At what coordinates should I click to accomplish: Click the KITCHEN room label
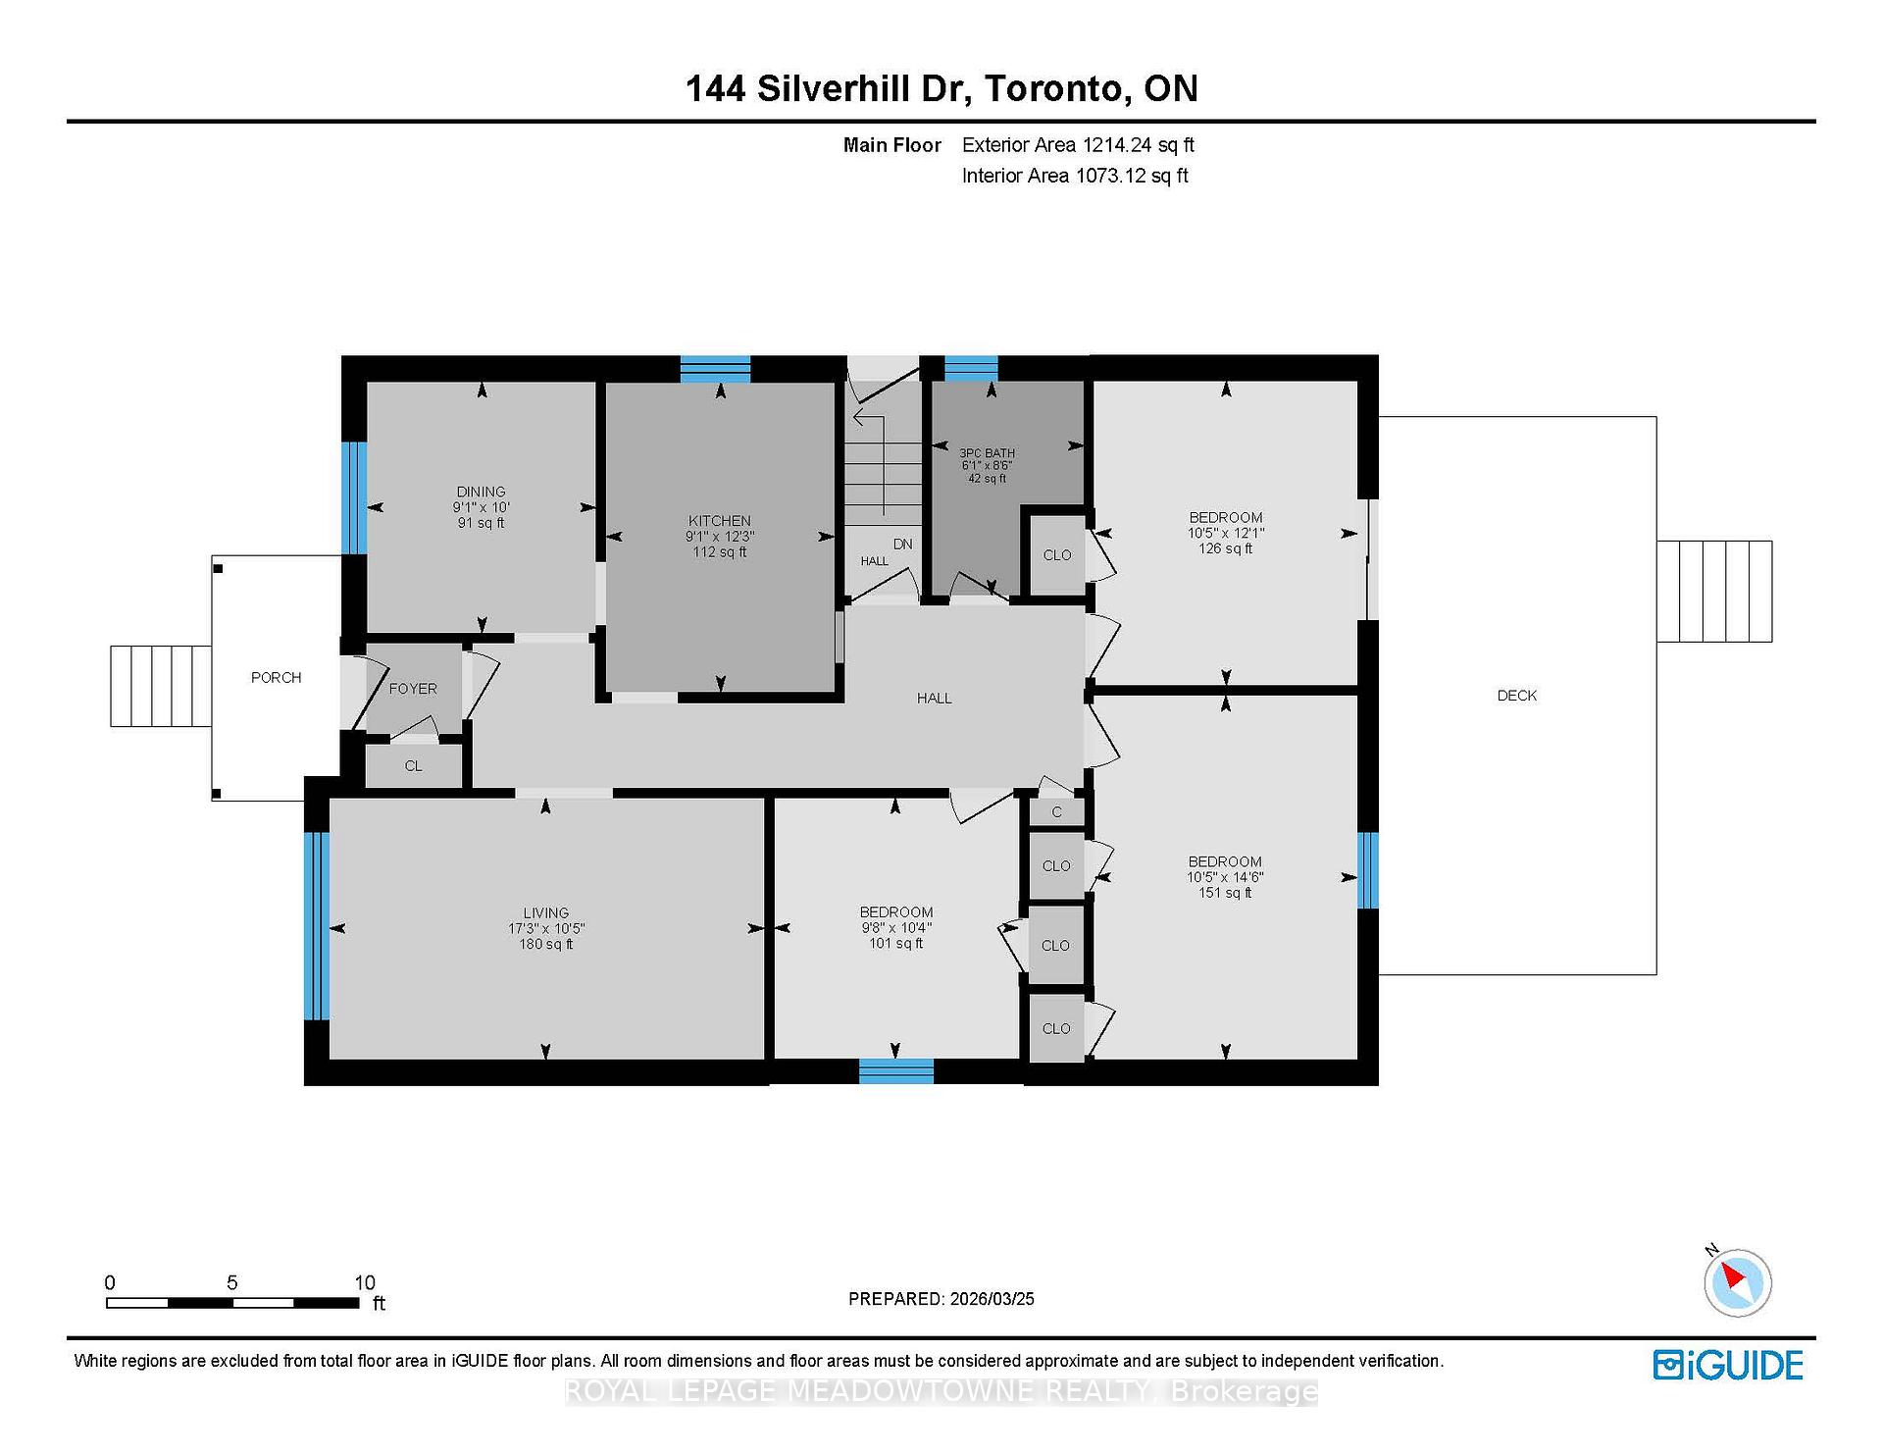point(720,521)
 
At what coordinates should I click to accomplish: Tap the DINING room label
point(481,492)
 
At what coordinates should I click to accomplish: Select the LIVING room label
point(546,912)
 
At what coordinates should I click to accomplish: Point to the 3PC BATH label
point(987,453)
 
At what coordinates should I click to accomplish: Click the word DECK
point(1517,696)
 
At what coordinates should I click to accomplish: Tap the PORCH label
point(277,678)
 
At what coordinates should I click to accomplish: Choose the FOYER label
point(413,689)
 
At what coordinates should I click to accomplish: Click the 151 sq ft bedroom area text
point(1225,893)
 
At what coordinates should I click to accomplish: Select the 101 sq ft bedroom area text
point(896,944)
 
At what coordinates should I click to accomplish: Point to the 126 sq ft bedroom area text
point(1226,548)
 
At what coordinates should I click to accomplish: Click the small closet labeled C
point(1056,812)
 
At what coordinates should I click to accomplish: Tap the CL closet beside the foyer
point(414,766)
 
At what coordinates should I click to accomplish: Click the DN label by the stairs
point(902,544)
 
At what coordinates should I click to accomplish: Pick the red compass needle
point(1733,1276)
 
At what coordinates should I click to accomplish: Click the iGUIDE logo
point(1728,1366)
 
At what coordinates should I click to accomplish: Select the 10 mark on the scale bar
point(365,1282)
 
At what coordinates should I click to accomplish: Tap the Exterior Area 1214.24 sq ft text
point(1078,145)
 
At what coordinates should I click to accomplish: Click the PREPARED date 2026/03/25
point(992,1299)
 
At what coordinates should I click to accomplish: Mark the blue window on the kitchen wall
point(716,369)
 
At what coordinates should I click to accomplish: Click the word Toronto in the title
point(1054,88)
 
